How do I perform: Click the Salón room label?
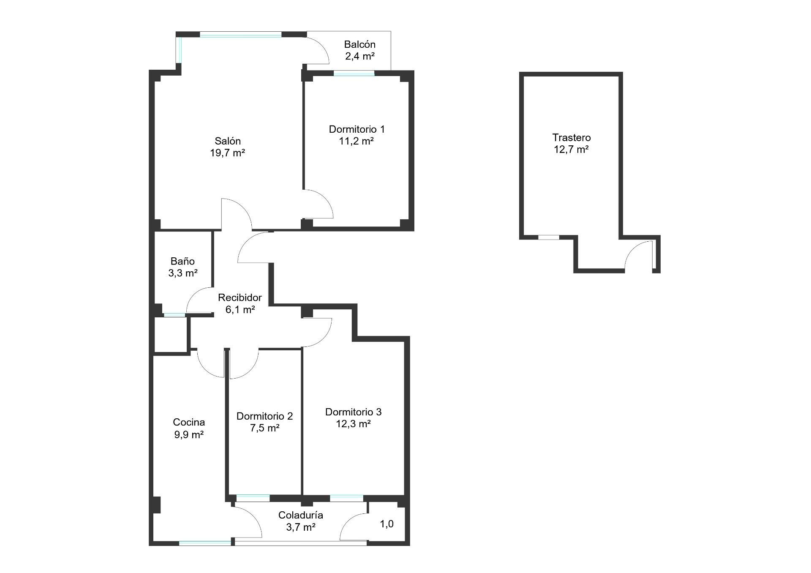[x=228, y=141]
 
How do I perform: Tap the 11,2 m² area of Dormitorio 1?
[x=356, y=141]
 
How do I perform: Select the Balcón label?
[x=360, y=44]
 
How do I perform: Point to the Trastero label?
[x=572, y=138]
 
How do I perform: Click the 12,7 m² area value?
[x=572, y=150]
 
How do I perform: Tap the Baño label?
[x=183, y=261]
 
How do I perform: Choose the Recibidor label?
[x=240, y=297]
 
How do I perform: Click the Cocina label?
[x=189, y=422]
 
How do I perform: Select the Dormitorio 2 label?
[x=264, y=416]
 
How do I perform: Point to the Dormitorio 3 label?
[x=354, y=412]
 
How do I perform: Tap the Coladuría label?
[x=301, y=515]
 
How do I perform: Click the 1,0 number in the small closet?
[x=387, y=524]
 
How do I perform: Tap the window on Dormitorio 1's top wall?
[x=354, y=73]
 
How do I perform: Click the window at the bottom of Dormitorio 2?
[x=253, y=498]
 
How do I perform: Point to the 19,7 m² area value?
[x=228, y=153]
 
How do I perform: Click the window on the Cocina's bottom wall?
[x=205, y=543]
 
